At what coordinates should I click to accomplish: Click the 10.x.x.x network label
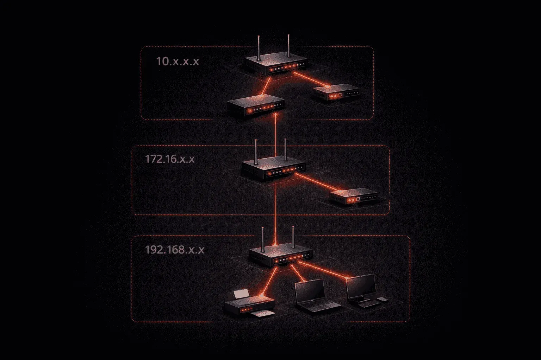coord(178,61)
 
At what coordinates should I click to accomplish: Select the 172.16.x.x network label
coord(170,159)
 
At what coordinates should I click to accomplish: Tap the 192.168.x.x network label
coord(175,250)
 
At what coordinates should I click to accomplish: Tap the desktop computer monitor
coord(361,287)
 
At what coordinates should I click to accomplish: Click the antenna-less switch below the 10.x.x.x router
coord(255,105)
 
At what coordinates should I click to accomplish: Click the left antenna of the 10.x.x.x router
coord(259,48)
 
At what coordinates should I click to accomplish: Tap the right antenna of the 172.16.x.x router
coord(285,149)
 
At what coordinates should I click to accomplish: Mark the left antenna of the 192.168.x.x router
coord(263,239)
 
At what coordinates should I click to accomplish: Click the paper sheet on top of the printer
coord(242,294)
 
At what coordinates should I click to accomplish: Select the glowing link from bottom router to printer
coord(269,281)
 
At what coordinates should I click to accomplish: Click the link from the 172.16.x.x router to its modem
coord(318,182)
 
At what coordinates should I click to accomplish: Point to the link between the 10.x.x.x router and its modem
coord(311,79)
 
